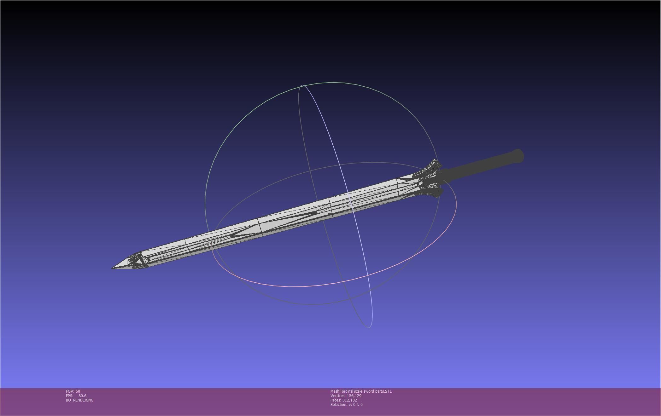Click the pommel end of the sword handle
pyautogui.click(x=519, y=156)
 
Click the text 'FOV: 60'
pyautogui.click(x=73, y=391)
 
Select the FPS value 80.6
pyautogui.click(x=82, y=396)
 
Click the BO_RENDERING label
pyautogui.click(x=79, y=400)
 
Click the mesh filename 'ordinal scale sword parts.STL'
pyautogui.click(x=366, y=391)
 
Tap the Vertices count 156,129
pyautogui.click(x=354, y=396)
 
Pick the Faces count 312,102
pyautogui.click(x=349, y=400)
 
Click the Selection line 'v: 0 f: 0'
pyautogui.click(x=346, y=404)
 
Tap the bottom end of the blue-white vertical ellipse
pyautogui.click(x=369, y=327)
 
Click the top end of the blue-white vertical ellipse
pyautogui.click(x=302, y=85)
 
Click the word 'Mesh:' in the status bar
pyautogui.click(x=335, y=391)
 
